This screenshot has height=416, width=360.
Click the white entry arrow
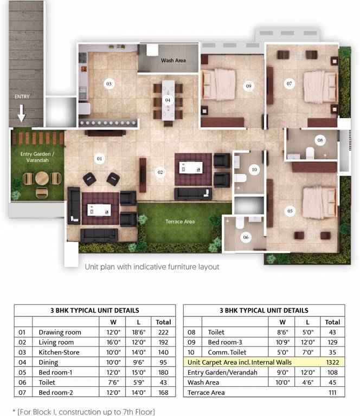pos(22,113)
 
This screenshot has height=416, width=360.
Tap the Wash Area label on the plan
pos(173,61)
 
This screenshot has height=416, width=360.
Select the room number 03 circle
pos(109,84)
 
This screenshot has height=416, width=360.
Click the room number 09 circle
pos(248,86)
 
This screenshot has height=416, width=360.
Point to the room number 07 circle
pos(289,83)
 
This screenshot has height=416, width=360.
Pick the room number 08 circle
pos(320,140)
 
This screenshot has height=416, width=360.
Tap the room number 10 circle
pos(254,169)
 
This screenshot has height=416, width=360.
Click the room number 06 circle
pos(246,237)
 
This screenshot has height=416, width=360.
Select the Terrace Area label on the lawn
pos(180,222)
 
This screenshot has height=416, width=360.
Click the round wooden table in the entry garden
pos(42,178)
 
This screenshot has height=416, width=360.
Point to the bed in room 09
pos(219,84)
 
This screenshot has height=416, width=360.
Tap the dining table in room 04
pos(168,100)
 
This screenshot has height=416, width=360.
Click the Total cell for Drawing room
pos(163,332)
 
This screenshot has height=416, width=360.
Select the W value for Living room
pos(113,342)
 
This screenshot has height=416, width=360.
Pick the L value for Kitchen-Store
pos(139,352)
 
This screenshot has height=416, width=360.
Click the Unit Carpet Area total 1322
pos(332,362)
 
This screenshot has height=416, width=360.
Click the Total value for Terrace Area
pos(332,393)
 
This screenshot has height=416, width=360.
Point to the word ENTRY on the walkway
pos(22,96)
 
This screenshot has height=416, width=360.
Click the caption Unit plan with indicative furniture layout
pos(152,267)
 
